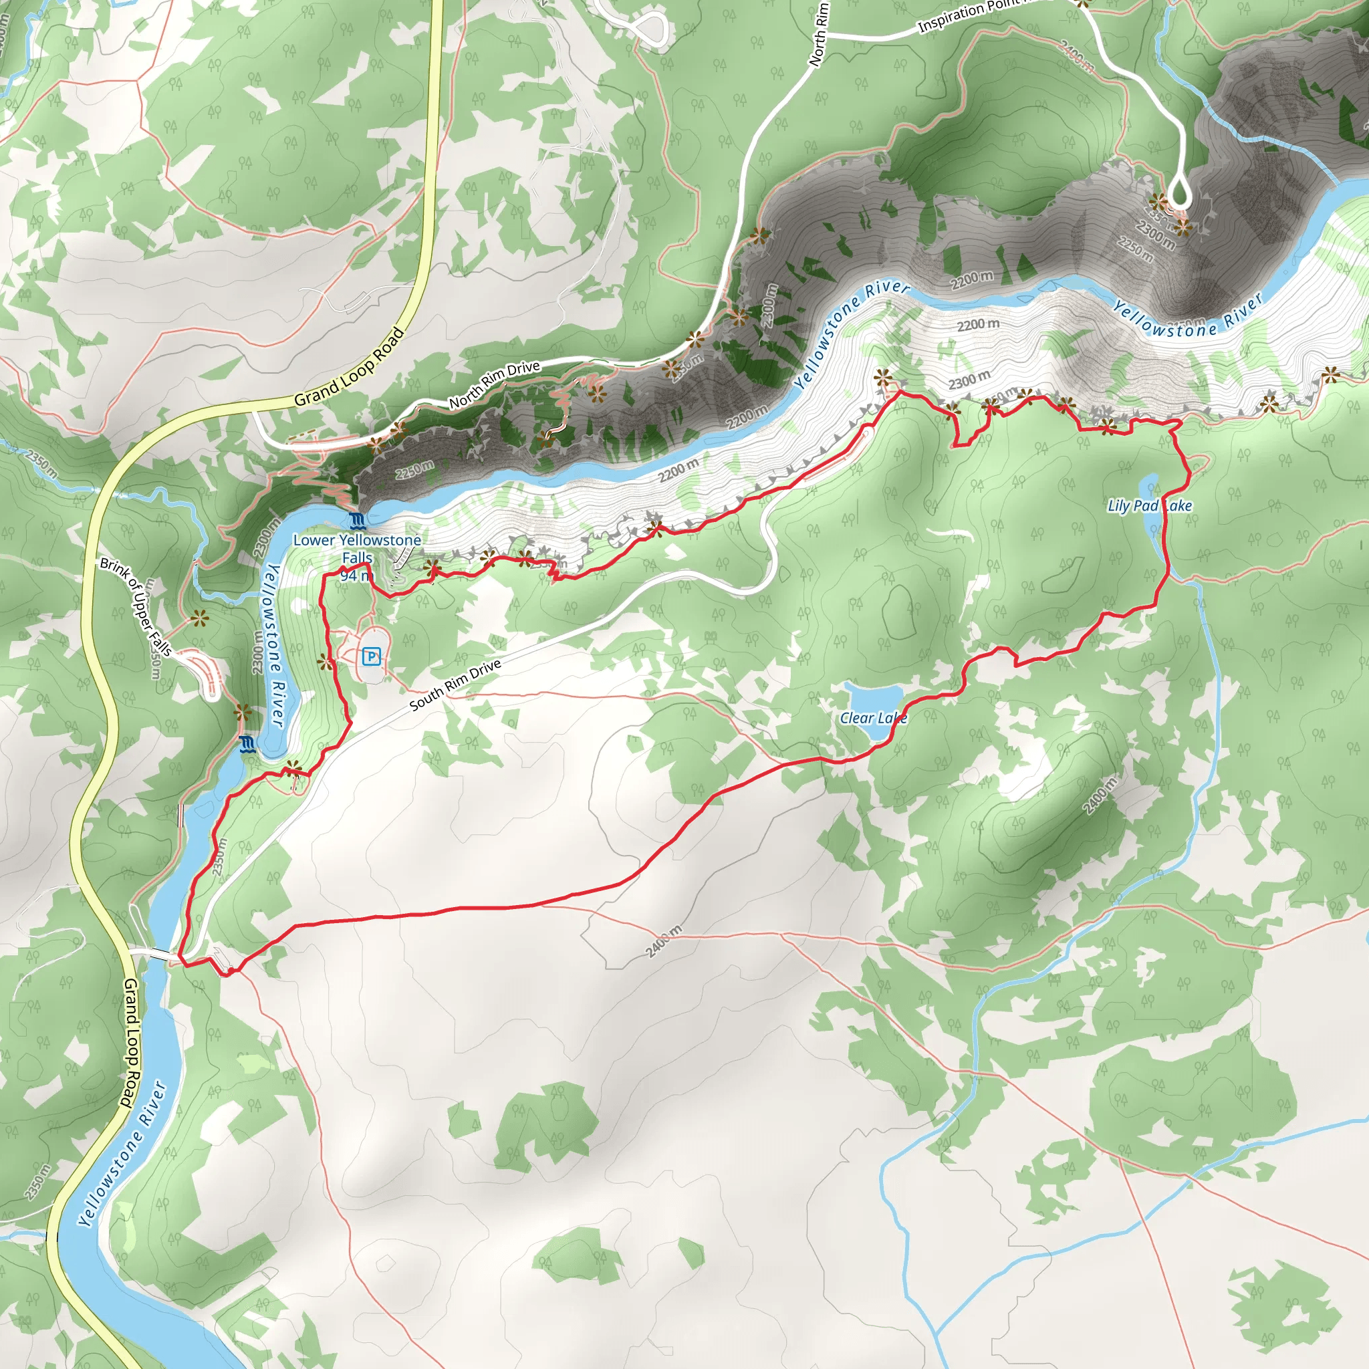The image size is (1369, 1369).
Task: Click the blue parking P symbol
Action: pos(370,657)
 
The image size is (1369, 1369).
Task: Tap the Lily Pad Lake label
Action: pos(1149,505)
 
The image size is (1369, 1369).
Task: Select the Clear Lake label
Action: pos(873,718)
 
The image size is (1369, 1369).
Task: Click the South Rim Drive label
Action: pos(456,684)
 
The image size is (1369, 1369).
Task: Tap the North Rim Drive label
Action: pos(494,384)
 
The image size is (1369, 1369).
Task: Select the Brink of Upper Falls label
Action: pos(136,606)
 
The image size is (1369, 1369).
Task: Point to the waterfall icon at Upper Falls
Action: pos(247,744)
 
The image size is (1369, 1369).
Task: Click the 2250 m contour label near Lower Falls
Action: pos(414,469)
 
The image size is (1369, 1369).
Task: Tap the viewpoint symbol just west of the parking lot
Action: pos(326,662)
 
